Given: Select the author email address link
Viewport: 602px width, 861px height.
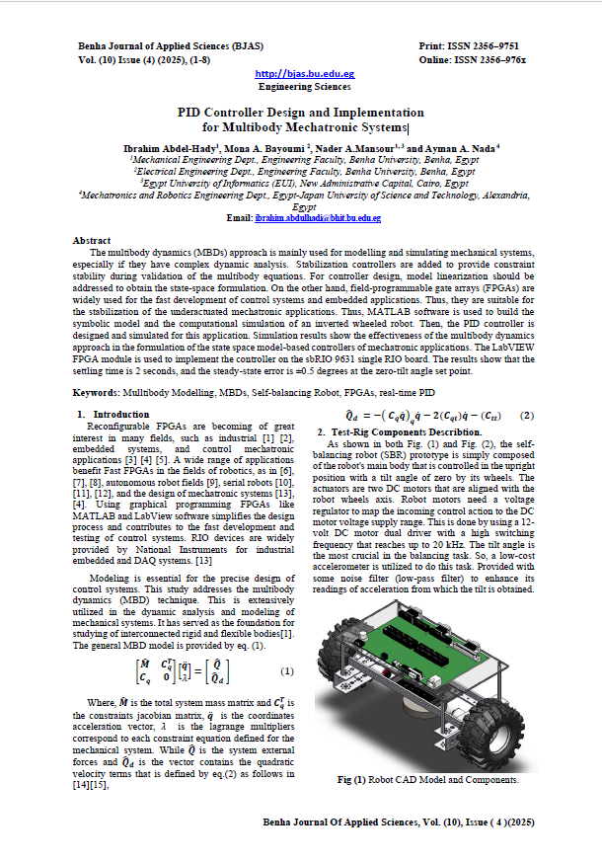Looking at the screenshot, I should point(318,216).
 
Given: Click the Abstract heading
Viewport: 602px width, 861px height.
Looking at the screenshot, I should point(92,240).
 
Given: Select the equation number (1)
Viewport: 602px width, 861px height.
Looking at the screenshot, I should point(287,671).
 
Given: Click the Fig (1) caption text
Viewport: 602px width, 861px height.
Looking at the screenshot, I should point(427,779).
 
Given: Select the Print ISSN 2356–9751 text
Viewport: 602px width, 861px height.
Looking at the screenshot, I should point(469,46).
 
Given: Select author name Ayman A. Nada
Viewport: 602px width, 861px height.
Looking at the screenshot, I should point(462,146).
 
